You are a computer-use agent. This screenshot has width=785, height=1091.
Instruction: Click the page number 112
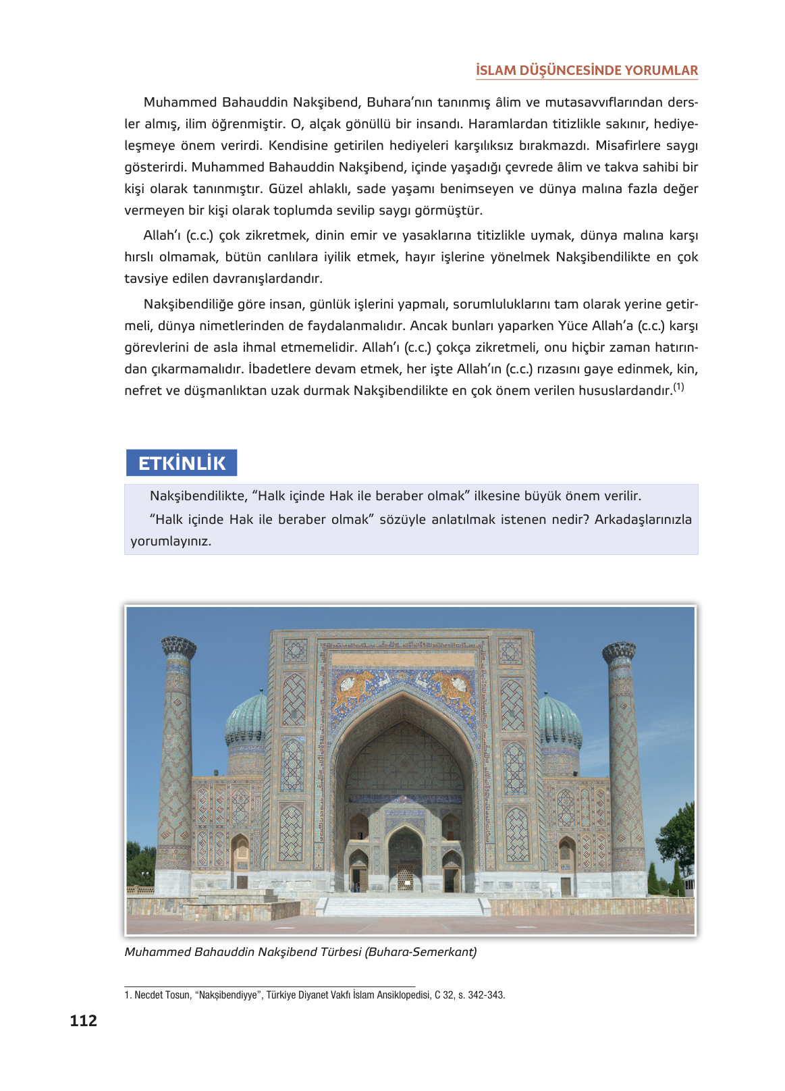tap(83, 1020)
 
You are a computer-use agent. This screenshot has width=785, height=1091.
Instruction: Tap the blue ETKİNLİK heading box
tap(182, 463)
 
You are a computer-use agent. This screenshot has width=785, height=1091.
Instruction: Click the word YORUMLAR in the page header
tap(661, 70)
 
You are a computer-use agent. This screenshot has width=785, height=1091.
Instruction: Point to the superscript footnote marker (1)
tap(678, 387)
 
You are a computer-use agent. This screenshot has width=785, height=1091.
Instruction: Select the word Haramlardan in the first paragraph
tap(509, 124)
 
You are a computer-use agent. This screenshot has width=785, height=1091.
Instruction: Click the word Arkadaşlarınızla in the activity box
tap(643, 520)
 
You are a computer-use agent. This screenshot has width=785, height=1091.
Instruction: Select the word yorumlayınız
tap(171, 541)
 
